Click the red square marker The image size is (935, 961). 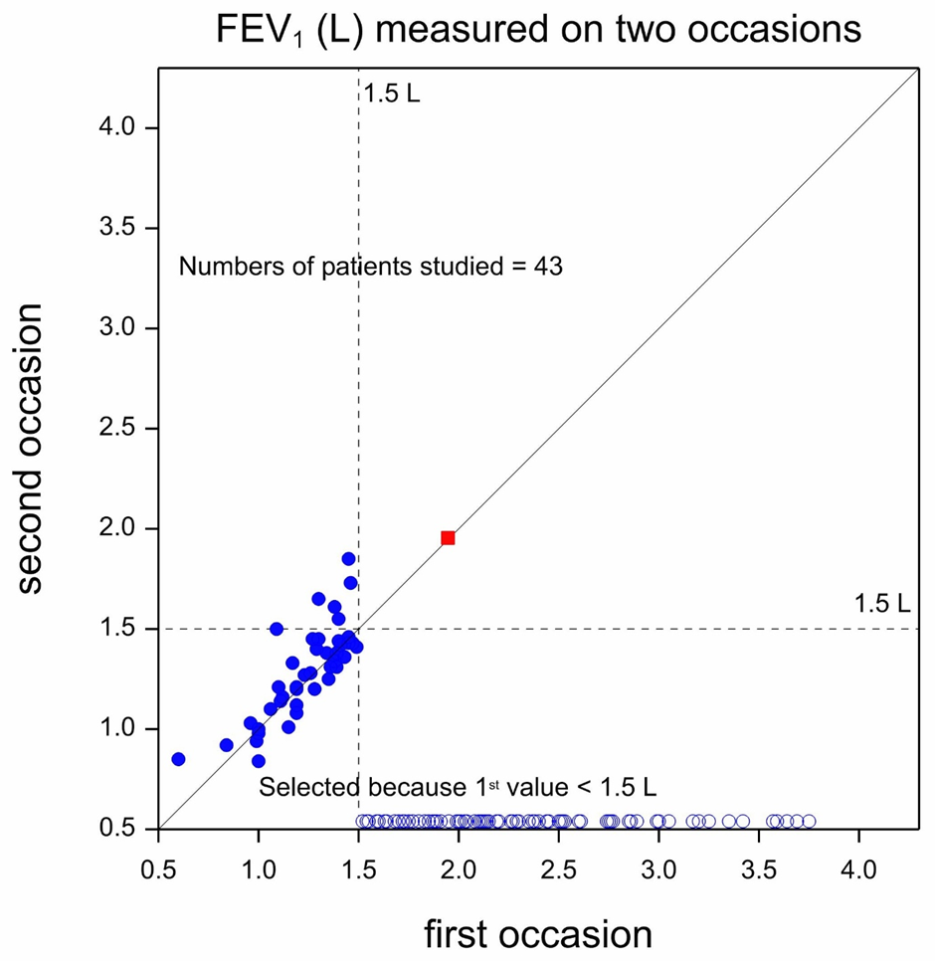448,538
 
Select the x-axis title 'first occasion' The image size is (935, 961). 538,935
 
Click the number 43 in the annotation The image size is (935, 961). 549,267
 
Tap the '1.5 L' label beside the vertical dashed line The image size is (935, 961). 392,96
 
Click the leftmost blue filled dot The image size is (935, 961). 178,759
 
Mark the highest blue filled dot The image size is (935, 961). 348,559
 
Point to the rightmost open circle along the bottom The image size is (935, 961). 809,822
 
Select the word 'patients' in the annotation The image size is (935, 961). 352,267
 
